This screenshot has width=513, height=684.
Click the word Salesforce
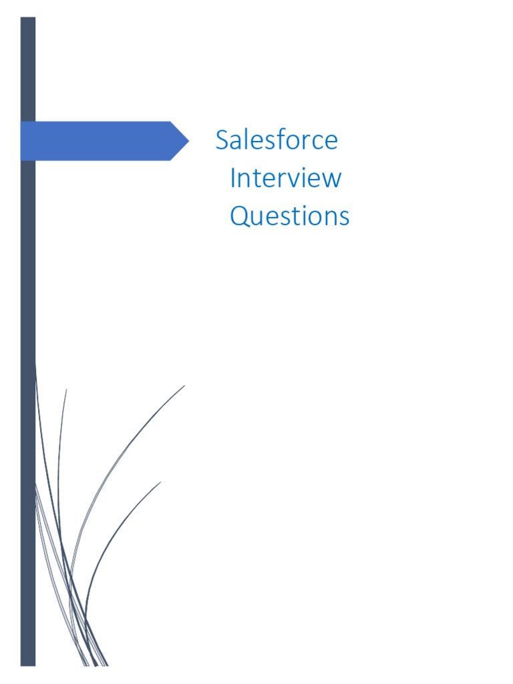pyautogui.click(x=277, y=140)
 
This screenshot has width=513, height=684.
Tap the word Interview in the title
pyautogui.click(x=285, y=178)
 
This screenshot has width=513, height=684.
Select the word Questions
pyautogui.click(x=289, y=216)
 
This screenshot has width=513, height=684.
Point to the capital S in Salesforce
pyautogui.click(x=222, y=141)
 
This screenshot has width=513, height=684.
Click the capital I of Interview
pyautogui.click(x=233, y=178)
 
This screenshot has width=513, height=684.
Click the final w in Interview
pyautogui.click(x=332, y=180)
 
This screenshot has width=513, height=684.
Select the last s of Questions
pyautogui.click(x=343, y=218)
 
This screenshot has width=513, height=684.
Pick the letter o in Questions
pyautogui.click(x=311, y=218)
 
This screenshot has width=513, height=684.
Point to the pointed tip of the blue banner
pyautogui.click(x=188, y=141)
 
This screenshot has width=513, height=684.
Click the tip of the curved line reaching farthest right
pyautogui.click(x=184, y=385)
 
